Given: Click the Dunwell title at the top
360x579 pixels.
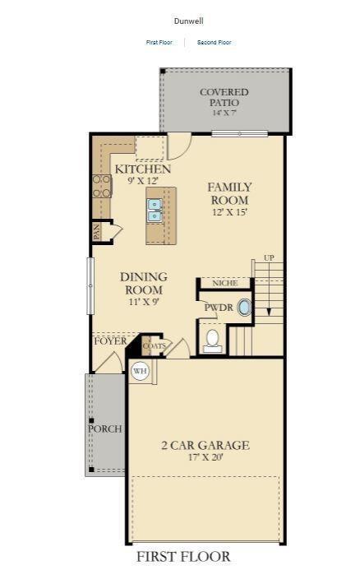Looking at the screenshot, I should [188, 21].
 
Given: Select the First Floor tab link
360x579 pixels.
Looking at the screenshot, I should [159, 42].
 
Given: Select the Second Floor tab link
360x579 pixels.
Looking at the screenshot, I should [215, 42].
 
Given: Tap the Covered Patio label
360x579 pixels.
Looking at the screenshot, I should [224, 97].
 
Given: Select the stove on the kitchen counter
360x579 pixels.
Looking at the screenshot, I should [101, 186].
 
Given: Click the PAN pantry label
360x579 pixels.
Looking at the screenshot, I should [97, 233].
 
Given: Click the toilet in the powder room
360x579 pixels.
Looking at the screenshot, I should [211, 338].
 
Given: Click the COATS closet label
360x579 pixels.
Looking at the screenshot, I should [154, 346].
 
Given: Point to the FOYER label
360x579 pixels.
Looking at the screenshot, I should [110, 340].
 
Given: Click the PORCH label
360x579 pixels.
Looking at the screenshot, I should [105, 428].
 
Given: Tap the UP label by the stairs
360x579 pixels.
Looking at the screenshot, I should [269, 258].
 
